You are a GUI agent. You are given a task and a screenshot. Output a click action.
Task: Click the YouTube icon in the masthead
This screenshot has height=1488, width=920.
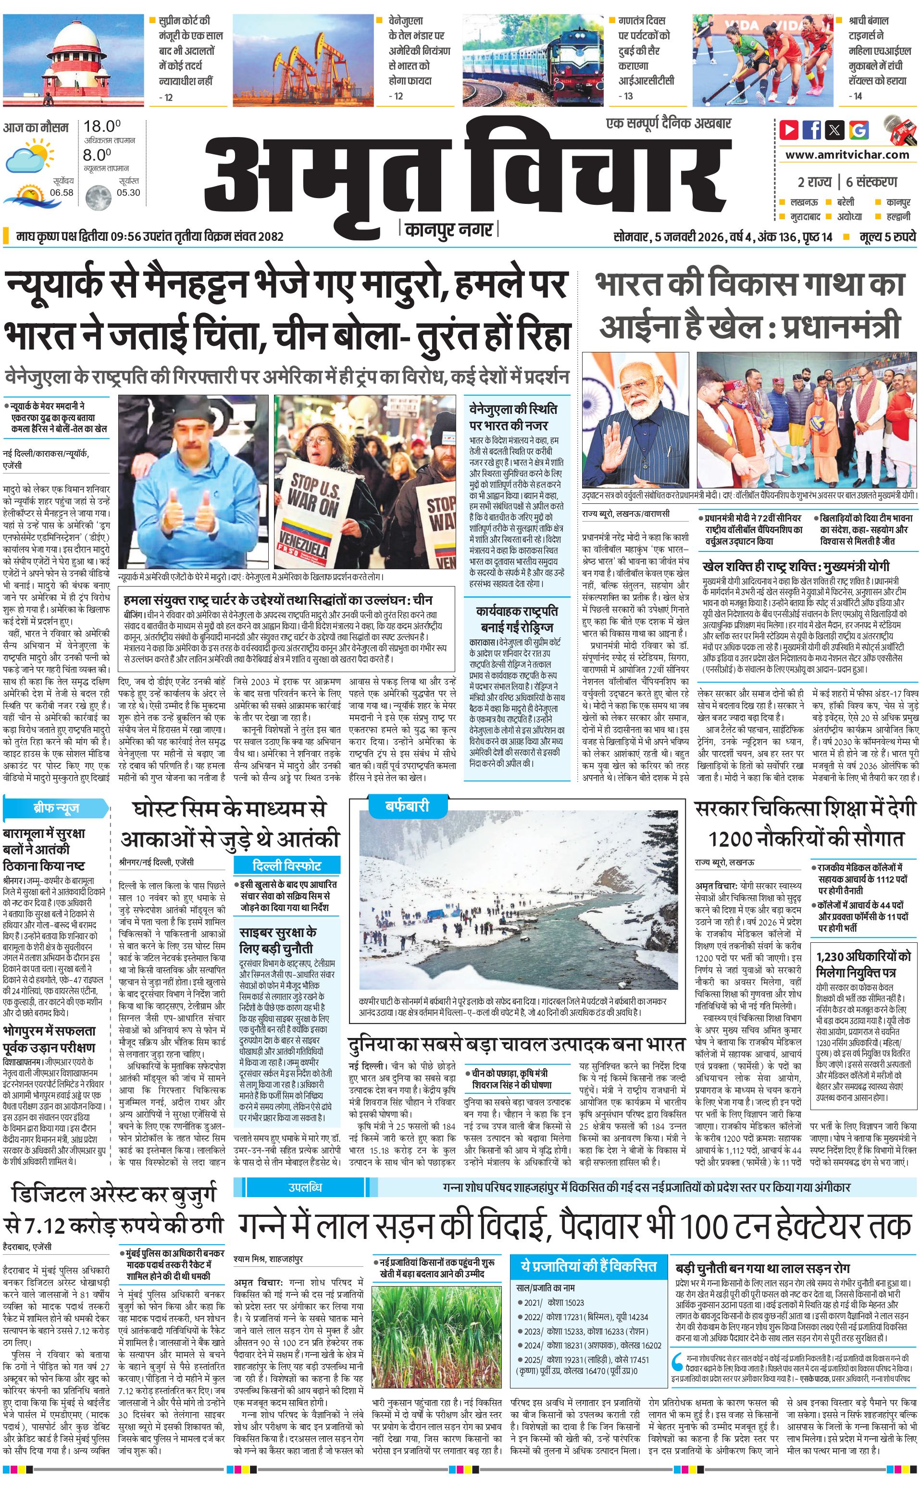[x=789, y=130]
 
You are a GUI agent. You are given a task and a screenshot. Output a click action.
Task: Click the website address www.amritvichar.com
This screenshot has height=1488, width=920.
[x=847, y=155]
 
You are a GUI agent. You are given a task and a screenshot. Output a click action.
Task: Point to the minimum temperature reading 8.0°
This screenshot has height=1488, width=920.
[x=98, y=155]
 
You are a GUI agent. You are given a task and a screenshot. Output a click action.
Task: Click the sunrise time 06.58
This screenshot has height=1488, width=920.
[x=62, y=192]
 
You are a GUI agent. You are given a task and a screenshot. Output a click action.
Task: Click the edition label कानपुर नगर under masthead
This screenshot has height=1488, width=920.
[x=449, y=229]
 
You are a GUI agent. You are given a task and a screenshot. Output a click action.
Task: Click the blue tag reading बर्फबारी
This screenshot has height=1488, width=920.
[x=407, y=806]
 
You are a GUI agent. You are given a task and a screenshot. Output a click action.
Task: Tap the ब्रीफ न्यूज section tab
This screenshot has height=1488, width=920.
[x=56, y=808]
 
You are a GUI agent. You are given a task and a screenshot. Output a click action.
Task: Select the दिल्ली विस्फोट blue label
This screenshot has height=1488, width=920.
[x=286, y=865]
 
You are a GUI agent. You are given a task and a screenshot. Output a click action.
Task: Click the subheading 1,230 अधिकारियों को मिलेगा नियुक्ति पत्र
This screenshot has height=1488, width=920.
[x=863, y=964]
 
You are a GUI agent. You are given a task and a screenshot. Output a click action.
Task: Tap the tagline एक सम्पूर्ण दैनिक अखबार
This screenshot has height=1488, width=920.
[x=669, y=124]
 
